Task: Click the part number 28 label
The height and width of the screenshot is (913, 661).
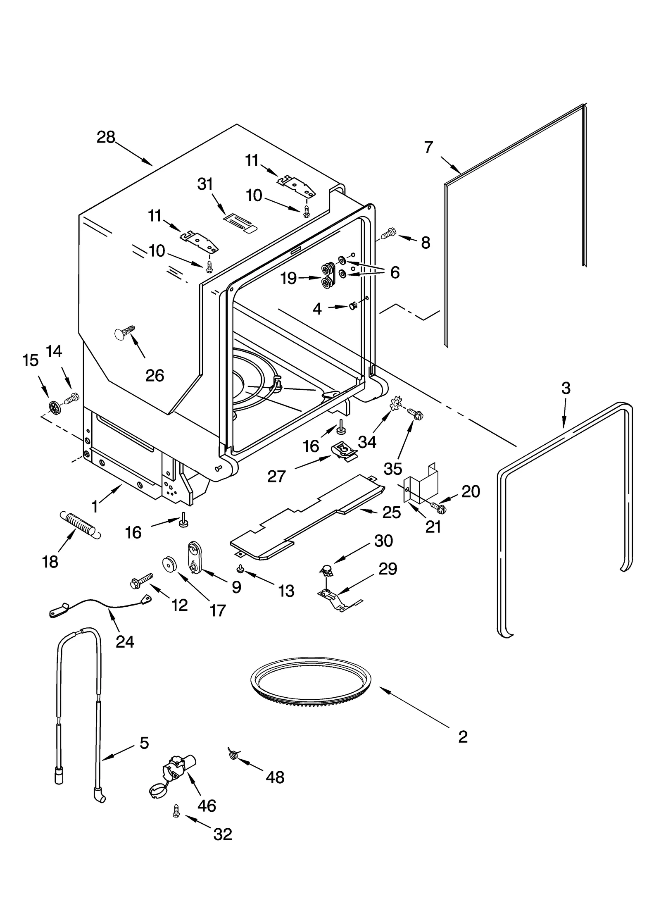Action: [x=106, y=137]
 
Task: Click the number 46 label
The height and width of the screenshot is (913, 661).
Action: [x=207, y=806]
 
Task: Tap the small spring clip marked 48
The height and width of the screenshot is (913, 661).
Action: [x=233, y=755]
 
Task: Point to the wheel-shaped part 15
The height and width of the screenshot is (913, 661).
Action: [x=55, y=407]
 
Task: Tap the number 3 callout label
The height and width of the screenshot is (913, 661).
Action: [x=566, y=388]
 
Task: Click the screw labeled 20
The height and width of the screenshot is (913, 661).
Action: [x=438, y=507]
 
